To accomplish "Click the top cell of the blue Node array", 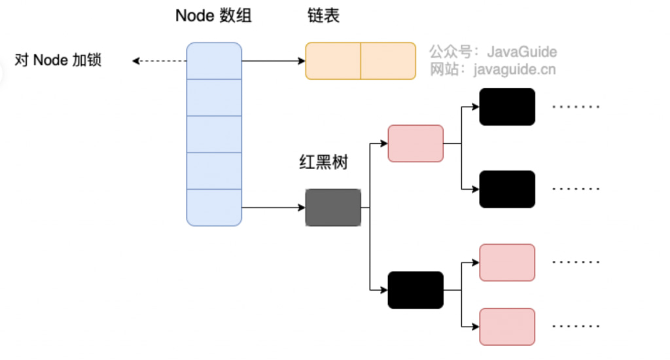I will point(214,60).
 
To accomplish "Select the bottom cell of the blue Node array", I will point(214,207).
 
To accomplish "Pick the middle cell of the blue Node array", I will point(214,134).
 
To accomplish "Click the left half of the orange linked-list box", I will point(333,61).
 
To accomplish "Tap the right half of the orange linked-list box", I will point(388,61).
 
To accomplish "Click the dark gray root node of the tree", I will point(333,208).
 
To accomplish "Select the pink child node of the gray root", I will point(415,143).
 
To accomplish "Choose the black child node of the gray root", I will point(415,290).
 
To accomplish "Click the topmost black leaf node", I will point(507,107).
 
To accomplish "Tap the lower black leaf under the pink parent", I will point(507,189).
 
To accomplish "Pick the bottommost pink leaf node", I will point(507,327).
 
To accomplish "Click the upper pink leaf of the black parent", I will point(507,262).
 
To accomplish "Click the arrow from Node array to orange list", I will point(273,62).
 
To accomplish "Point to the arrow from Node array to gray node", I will point(273,208).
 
